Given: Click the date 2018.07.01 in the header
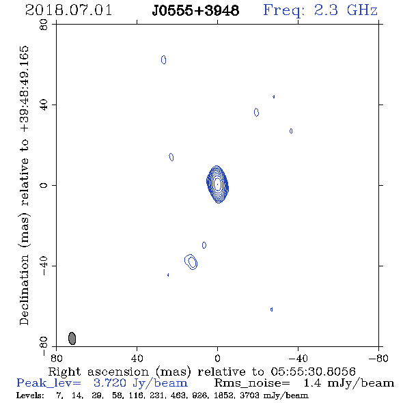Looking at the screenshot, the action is tap(68, 10).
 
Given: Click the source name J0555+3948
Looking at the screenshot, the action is tap(195, 11).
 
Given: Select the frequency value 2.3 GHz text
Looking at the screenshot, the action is tap(346, 10).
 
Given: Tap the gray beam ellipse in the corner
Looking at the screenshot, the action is tap(72, 338).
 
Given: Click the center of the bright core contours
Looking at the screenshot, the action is tap(217, 184).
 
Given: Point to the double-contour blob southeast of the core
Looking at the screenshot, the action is tap(191, 262).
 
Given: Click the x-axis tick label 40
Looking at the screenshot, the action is tap(137, 359).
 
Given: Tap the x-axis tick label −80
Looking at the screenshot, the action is tap(378, 359).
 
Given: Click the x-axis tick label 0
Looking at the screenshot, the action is tap(217, 359).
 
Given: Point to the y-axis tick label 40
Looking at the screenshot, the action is tap(44, 105).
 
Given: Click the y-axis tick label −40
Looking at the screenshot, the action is tap(44, 266).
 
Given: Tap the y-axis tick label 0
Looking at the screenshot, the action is tap(44, 185).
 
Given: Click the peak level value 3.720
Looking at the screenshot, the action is tap(110, 383).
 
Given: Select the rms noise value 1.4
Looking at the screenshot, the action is tap(312, 383).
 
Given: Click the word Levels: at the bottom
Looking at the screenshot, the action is tap(30, 395).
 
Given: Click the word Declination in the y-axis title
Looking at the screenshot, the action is tap(24, 290).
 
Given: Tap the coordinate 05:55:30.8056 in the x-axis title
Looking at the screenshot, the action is tap(313, 372).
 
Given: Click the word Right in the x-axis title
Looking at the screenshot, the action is tap(64, 372).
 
